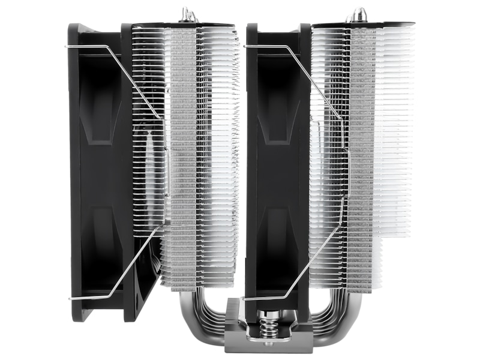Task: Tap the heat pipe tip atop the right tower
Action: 361,14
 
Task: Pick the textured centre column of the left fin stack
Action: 184,156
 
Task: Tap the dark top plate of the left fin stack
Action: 180,25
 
